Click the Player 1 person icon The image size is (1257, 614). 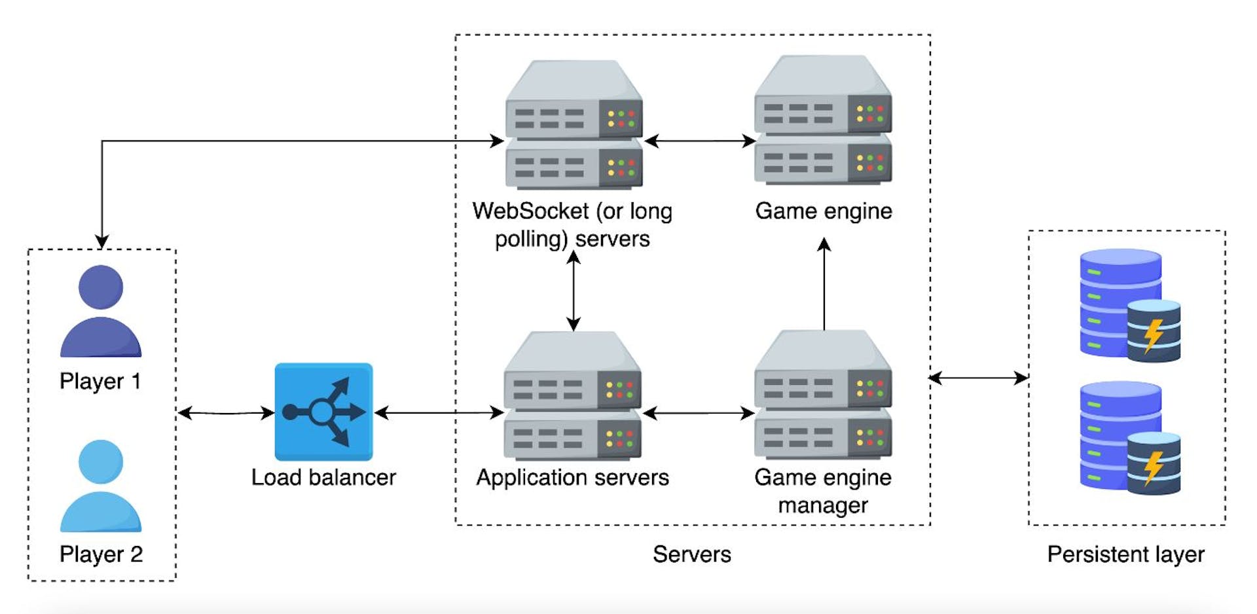pyautogui.click(x=101, y=311)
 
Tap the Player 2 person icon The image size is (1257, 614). pyautogui.click(x=101, y=485)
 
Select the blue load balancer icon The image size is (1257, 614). pyautogui.click(x=323, y=412)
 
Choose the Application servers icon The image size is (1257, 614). pyautogui.click(x=572, y=395)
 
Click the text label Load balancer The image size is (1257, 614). pyautogui.click(x=323, y=477)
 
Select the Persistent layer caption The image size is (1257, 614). pyautogui.click(x=1125, y=554)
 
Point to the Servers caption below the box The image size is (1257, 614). pyautogui.click(x=691, y=554)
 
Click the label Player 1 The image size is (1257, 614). pyautogui.click(x=100, y=381)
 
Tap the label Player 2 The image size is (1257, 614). pyautogui.click(x=101, y=554)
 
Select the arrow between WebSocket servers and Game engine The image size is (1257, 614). pyautogui.click(x=700, y=141)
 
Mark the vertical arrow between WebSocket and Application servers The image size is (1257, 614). pyautogui.click(x=574, y=291)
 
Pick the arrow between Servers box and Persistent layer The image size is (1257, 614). pyautogui.click(x=978, y=378)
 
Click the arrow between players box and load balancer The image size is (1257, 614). pyautogui.click(x=226, y=413)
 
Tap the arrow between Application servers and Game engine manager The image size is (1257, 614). pyautogui.click(x=699, y=413)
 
